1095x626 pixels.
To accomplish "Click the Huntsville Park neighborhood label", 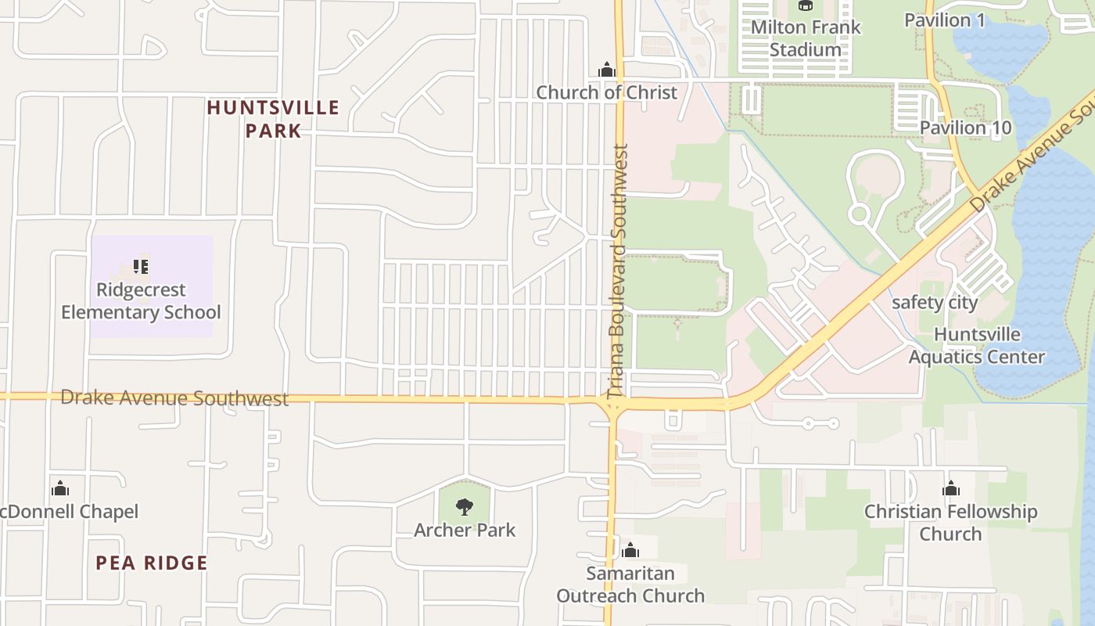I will (x=273, y=118).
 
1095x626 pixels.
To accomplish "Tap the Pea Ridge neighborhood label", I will (x=152, y=563).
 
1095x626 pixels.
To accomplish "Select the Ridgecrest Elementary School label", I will (x=141, y=301).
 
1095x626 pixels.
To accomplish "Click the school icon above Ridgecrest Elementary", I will (x=141, y=268).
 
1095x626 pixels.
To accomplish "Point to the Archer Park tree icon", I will (x=465, y=507).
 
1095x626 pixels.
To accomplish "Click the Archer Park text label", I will (x=465, y=531).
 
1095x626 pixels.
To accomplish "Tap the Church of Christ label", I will (x=606, y=92).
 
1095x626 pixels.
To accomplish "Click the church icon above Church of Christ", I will (x=606, y=70).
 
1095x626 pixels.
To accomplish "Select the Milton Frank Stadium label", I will (x=805, y=38).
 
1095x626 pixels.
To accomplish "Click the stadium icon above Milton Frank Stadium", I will (x=805, y=5).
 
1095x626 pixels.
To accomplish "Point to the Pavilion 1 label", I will (x=944, y=20).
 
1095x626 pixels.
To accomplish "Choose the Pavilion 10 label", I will (x=965, y=128).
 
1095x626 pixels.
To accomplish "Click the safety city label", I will (x=935, y=303).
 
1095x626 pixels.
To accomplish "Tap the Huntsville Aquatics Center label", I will (x=977, y=346).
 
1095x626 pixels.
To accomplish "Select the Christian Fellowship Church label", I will (x=950, y=523).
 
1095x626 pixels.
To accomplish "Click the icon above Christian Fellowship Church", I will (x=950, y=490).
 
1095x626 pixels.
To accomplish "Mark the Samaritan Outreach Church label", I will (x=630, y=585).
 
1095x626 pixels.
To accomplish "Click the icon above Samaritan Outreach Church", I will (x=630, y=551).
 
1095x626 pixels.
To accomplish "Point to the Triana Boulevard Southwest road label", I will (x=619, y=271).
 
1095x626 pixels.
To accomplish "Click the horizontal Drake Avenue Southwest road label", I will (x=174, y=398).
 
